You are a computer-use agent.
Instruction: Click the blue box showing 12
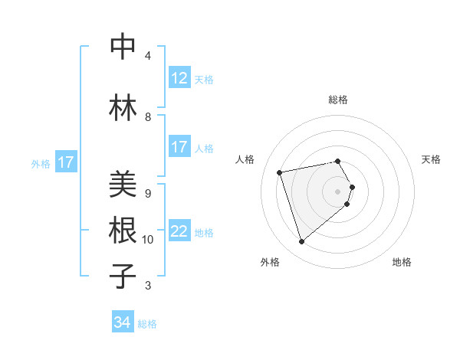pyautogui.click(x=179, y=77)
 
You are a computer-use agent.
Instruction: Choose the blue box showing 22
pyautogui.click(x=179, y=231)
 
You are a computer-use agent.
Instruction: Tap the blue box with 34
pyautogui.click(x=122, y=322)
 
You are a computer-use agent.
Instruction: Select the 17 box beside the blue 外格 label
pyautogui.click(x=66, y=162)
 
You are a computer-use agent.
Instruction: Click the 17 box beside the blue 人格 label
pyautogui.click(x=179, y=147)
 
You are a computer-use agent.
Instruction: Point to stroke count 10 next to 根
pyautogui.click(x=148, y=240)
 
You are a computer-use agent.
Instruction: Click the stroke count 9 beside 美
pyautogui.click(x=148, y=193)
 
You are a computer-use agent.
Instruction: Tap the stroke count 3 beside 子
pyautogui.click(x=148, y=286)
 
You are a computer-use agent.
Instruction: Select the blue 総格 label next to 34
pyautogui.click(x=147, y=324)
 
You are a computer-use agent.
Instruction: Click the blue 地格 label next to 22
pyautogui.click(x=204, y=233)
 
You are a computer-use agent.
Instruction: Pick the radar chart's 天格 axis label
pyautogui.click(x=431, y=159)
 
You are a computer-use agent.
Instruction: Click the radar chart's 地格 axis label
pyautogui.click(x=402, y=262)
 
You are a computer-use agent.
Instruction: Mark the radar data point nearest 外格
pyautogui.click(x=302, y=242)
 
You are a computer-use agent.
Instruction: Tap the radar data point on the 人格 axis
pyautogui.click(x=280, y=172)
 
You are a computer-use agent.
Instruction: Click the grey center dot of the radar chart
pyautogui.click(x=337, y=191)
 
